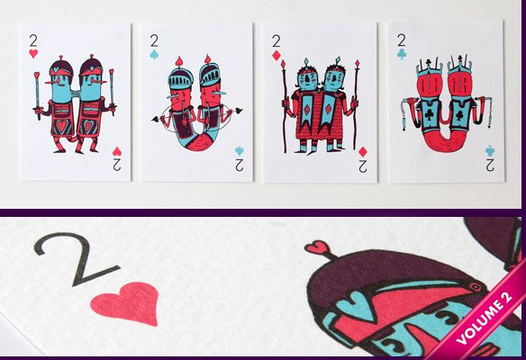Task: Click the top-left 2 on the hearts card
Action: click(33, 40)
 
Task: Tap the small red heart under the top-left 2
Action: click(33, 54)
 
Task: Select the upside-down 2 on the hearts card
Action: click(117, 166)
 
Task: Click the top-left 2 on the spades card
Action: click(155, 40)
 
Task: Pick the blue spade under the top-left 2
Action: click(155, 54)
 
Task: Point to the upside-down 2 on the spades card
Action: click(239, 166)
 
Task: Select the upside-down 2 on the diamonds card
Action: click(361, 166)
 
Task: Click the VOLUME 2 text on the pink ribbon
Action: click(489, 315)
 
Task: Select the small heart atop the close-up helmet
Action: click(317, 247)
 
